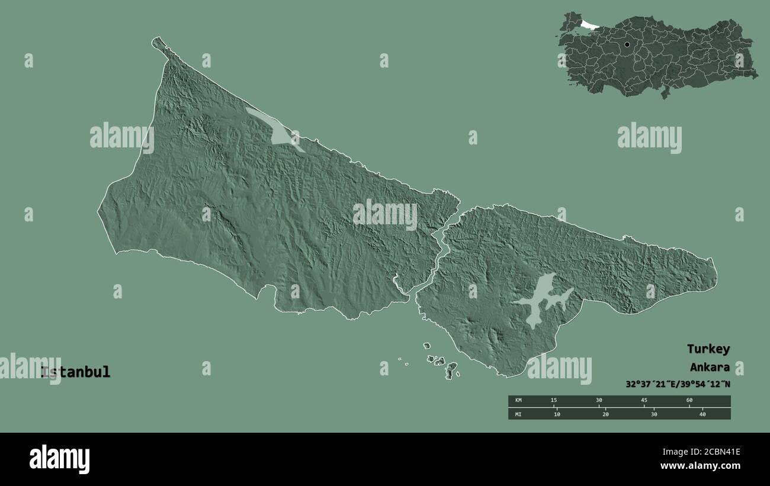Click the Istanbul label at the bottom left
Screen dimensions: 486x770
(x=75, y=372)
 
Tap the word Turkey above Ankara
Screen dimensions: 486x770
(x=708, y=349)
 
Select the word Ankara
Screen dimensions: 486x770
(x=709, y=366)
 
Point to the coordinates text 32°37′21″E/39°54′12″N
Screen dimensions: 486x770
(x=678, y=384)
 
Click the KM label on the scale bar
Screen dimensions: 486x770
(x=518, y=401)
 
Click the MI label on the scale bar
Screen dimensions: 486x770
(x=518, y=414)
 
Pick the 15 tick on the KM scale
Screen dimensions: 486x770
(x=553, y=401)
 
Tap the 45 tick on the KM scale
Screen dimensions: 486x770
(x=644, y=401)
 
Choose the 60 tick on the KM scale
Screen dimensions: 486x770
(x=689, y=401)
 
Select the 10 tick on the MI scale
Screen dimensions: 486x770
(x=556, y=414)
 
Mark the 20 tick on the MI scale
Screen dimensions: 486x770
(x=605, y=414)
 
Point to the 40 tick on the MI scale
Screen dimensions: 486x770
(x=702, y=414)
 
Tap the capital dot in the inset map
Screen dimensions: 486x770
(x=627, y=44)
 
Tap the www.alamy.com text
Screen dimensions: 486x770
(x=700, y=466)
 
